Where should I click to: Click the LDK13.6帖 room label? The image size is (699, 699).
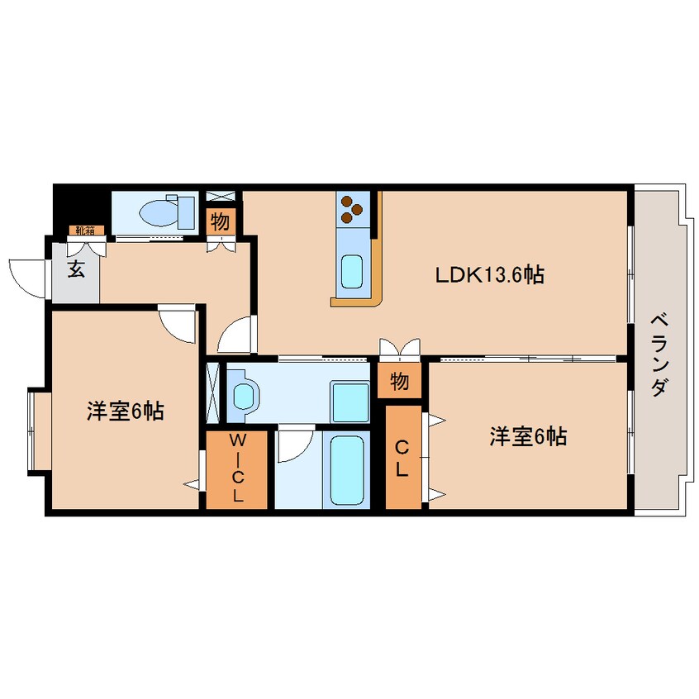[489, 274]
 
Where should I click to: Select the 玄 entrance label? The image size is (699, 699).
[76, 269]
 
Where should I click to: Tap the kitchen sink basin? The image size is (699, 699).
[352, 272]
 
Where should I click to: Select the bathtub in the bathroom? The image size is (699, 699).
[346, 470]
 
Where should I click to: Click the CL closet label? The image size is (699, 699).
[402, 459]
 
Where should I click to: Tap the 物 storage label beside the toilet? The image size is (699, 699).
[221, 221]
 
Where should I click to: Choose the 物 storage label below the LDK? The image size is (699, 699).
[399, 381]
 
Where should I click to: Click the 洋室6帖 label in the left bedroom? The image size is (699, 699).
[126, 411]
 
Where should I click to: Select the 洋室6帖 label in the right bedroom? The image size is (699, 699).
[528, 436]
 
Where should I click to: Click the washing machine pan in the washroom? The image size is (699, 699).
[349, 402]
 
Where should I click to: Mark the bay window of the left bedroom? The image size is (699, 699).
[40, 429]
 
